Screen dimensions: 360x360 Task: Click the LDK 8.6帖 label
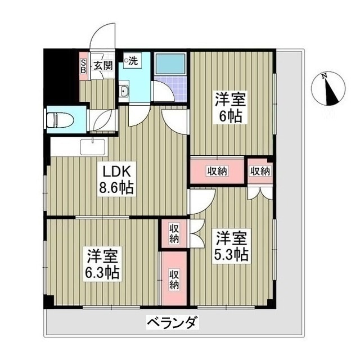coord(116,179)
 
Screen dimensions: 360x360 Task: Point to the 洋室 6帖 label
coord(229,109)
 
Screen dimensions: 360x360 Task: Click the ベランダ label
coord(172,323)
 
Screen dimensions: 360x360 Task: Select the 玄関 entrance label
coord(103,65)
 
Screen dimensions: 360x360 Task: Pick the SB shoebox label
coord(83,65)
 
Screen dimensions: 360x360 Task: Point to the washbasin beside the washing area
coord(124,92)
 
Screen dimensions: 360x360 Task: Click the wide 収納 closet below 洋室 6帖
coord(217,172)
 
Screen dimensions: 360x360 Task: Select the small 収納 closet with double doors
coord(260,171)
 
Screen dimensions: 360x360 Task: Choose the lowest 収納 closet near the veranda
coord(174,278)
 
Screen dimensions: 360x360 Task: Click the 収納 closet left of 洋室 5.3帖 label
coord(174,233)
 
